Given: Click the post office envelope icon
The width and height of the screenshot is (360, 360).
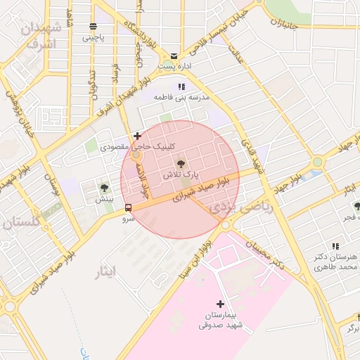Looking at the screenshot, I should pos(174,56).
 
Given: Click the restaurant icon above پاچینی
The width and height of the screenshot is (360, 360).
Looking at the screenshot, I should pos(93,27).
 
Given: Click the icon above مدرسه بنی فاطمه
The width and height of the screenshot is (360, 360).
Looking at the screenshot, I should pos(181,86).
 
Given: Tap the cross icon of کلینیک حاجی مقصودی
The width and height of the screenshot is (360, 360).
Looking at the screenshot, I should pos(137,136).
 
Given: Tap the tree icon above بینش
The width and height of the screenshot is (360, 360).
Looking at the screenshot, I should pos(104,188).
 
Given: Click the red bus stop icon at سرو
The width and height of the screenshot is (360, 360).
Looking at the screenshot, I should pos(128,208).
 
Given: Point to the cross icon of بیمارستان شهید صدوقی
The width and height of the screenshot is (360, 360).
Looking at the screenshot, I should pos(221,304).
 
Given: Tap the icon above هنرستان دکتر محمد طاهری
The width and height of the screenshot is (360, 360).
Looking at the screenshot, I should pos(335,246).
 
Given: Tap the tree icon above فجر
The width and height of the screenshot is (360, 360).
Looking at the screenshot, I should pos(357,206).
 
